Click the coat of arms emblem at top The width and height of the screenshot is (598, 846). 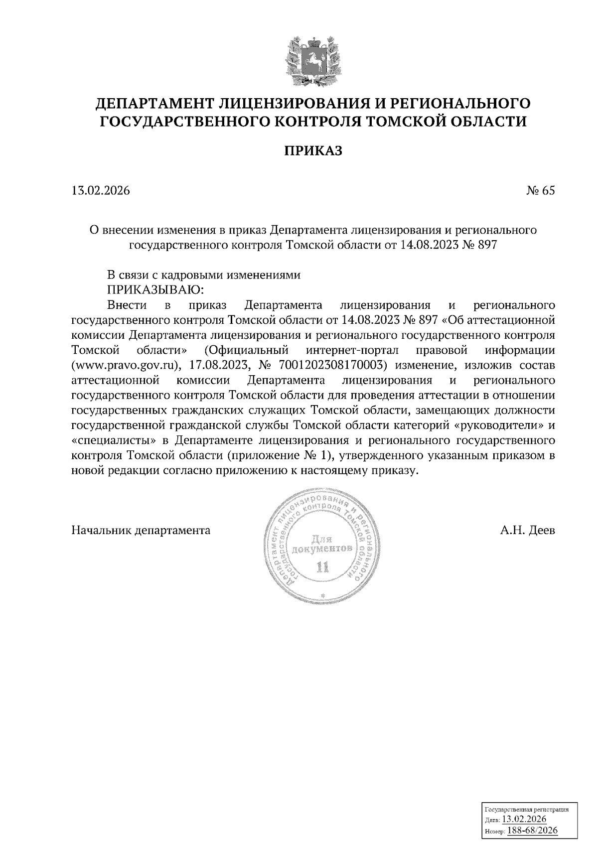(x=313, y=60)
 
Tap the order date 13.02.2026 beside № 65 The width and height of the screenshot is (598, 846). (x=101, y=190)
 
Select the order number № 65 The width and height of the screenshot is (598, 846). (x=540, y=190)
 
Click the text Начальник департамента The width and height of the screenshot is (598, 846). (x=141, y=530)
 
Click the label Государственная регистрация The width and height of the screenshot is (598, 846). (x=526, y=810)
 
